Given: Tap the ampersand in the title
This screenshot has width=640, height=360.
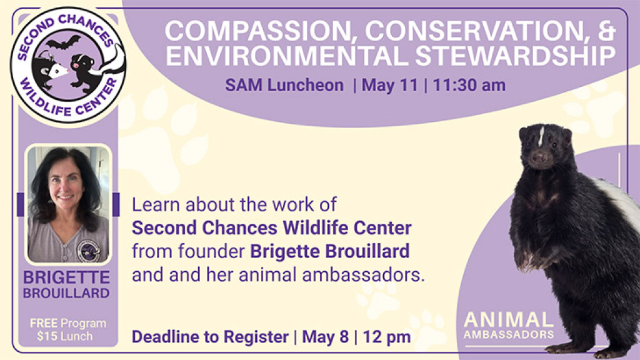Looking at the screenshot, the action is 606,30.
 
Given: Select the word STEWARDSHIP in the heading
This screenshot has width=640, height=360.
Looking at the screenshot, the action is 516,56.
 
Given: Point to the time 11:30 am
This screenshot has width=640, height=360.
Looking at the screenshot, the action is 469,85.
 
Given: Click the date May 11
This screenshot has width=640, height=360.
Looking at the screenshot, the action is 390,85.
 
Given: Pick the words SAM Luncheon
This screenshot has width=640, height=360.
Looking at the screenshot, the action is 284,85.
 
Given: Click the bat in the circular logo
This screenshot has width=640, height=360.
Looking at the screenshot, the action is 63,42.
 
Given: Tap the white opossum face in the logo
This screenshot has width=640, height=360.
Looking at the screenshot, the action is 57,72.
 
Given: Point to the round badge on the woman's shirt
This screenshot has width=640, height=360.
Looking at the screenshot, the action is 89,250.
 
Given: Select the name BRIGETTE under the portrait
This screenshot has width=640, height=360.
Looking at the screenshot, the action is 66,277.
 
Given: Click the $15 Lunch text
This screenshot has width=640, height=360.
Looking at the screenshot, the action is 64,336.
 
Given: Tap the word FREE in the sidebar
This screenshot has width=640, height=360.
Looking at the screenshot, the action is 43,323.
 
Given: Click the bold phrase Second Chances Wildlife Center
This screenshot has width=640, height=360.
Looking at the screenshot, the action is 271,227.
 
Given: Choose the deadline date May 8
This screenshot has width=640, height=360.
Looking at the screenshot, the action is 325,337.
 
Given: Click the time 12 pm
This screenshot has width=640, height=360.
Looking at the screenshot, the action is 386,337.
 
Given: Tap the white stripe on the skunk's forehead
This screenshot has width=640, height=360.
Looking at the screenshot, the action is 541,136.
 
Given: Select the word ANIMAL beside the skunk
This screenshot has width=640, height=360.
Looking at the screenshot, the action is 509,320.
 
